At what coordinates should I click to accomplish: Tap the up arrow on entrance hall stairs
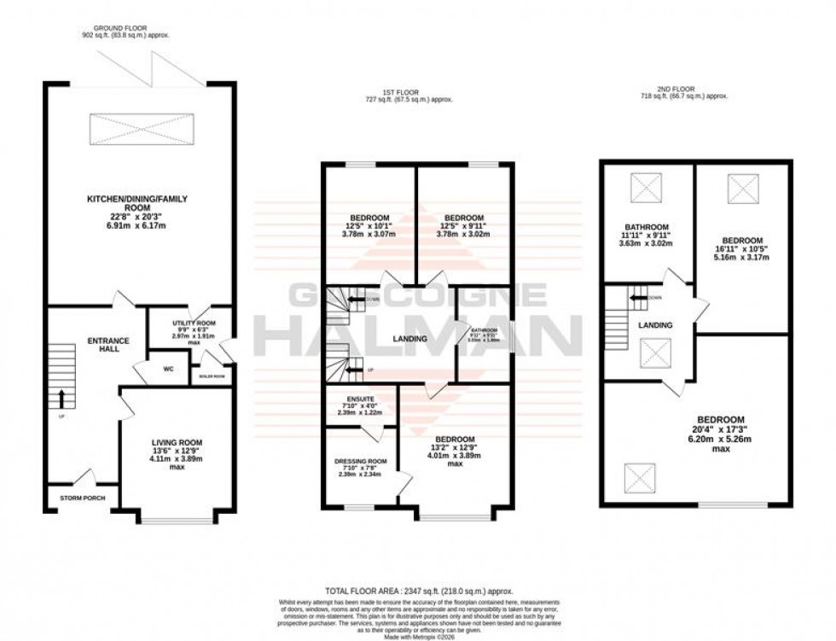(x=62, y=397)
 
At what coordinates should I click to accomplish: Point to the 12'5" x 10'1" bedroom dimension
(x=369, y=226)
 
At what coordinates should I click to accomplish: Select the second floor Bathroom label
(x=646, y=226)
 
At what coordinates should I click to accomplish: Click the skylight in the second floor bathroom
(x=647, y=188)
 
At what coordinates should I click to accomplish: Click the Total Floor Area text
(x=417, y=591)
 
